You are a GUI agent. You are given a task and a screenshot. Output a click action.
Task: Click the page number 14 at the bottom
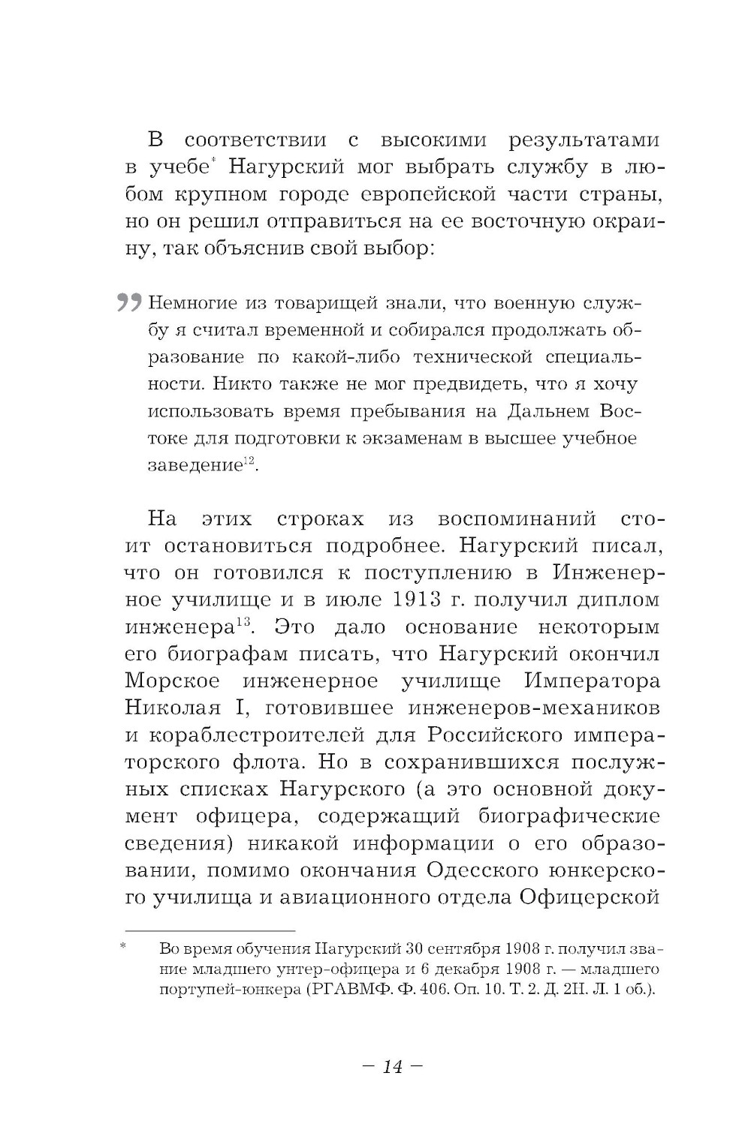pos(392,1066)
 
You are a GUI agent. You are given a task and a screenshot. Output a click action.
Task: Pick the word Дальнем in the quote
pos(544,411)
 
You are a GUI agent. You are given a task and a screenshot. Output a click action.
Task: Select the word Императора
pos(592,681)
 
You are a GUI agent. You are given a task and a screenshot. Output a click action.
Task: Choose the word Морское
pos(172,681)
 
